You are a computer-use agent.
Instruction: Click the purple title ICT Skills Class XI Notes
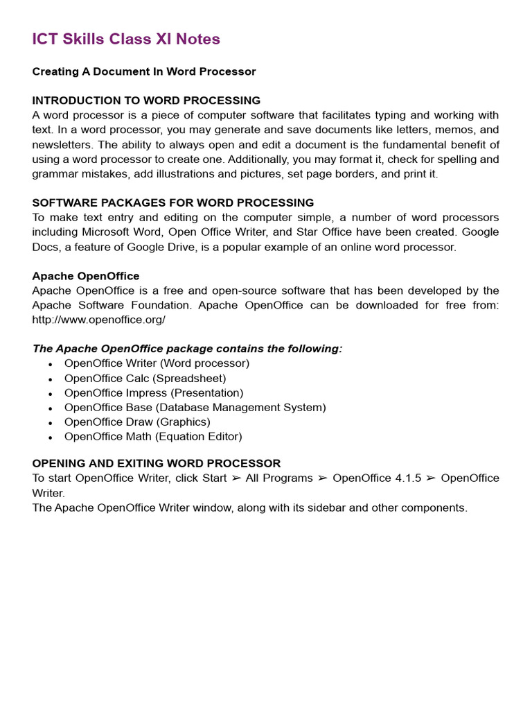[x=126, y=40]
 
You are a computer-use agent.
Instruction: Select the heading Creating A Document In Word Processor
[x=144, y=71]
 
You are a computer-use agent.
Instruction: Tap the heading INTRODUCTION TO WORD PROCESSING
[x=146, y=101]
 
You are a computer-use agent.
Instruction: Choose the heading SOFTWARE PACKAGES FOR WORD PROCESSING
[x=173, y=203]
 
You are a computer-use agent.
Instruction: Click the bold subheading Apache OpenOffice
[x=86, y=276]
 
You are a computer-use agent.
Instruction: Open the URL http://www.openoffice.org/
[x=99, y=320]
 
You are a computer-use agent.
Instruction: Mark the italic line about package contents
[x=187, y=349]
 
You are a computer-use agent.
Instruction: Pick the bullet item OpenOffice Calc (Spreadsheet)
[x=145, y=379]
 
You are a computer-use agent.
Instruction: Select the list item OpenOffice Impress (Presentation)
[x=154, y=393]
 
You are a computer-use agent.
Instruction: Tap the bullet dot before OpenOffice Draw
[x=51, y=423]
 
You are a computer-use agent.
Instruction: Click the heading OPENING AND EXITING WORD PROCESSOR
[x=157, y=463]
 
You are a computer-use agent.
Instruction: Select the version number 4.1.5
[x=408, y=478]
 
